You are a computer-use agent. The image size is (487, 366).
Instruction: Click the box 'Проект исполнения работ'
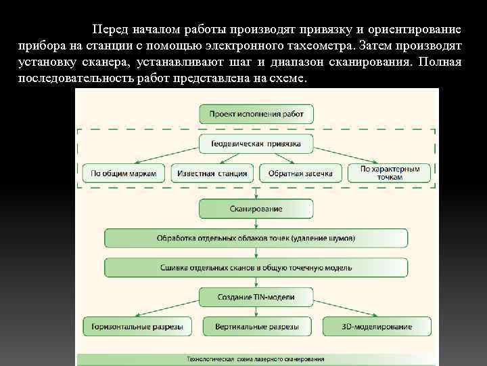click(x=256, y=113)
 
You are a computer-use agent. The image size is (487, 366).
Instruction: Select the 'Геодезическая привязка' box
click(x=256, y=144)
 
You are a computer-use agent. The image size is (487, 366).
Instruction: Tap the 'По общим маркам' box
click(x=124, y=174)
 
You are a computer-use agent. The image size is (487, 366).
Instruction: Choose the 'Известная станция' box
click(x=212, y=174)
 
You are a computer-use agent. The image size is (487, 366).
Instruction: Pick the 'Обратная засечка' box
click(x=300, y=174)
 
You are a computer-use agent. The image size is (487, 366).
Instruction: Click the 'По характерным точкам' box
click(x=390, y=173)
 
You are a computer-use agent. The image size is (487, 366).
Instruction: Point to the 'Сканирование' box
click(x=256, y=209)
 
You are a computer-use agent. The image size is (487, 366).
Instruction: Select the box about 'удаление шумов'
click(x=256, y=238)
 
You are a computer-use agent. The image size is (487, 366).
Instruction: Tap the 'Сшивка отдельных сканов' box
click(x=256, y=267)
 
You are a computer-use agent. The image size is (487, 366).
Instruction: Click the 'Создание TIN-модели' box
click(x=256, y=297)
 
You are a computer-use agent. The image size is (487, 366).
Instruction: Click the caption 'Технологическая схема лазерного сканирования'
click(x=256, y=359)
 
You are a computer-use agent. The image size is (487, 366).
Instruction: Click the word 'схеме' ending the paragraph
click(x=289, y=78)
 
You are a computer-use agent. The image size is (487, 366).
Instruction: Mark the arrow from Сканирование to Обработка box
click(x=256, y=223)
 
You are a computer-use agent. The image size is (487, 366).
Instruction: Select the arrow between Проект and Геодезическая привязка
click(x=256, y=129)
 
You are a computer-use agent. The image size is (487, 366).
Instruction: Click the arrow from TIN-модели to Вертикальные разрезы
click(x=256, y=312)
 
